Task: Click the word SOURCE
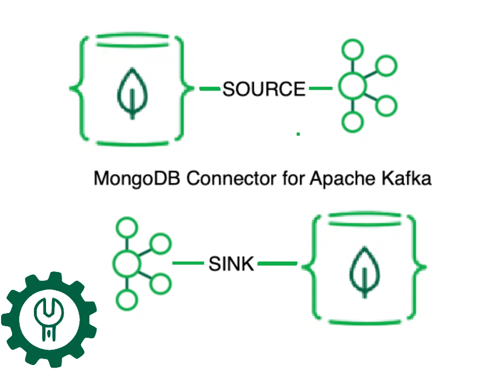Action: pyautogui.click(x=264, y=89)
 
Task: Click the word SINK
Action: pyautogui.click(x=231, y=264)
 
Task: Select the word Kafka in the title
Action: pyautogui.click(x=405, y=179)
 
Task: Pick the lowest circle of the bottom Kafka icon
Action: pyautogui.click(x=126, y=300)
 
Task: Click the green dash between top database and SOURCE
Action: pyautogui.click(x=209, y=89)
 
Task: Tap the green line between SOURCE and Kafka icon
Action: pyautogui.click(x=321, y=89)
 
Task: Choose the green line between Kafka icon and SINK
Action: pyautogui.click(x=188, y=263)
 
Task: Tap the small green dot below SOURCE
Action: pyautogui.click(x=298, y=134)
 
